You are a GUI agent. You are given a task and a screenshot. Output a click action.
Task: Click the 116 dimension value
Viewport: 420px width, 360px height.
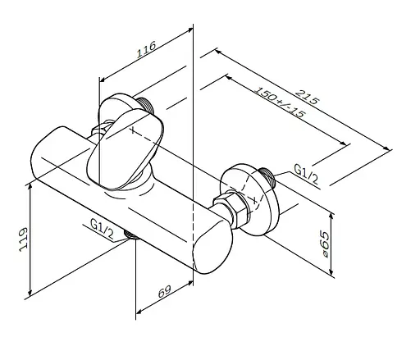coord(146,49)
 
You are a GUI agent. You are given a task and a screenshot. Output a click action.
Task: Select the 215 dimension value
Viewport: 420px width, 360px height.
coord(308,97)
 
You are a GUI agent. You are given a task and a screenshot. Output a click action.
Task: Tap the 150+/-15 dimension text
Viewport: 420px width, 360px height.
coord(279,102)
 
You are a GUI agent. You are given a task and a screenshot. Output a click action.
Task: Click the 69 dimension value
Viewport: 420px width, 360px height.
coord(165,291)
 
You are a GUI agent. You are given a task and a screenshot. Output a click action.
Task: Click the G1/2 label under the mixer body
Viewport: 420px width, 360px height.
coord(102,229)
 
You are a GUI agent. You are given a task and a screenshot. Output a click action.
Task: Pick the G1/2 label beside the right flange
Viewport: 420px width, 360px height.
coord(306,173)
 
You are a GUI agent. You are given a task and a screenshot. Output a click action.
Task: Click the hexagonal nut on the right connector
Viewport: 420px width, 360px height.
coord(231,208)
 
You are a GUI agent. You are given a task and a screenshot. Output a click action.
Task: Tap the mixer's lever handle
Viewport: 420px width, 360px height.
coord(126,149)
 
